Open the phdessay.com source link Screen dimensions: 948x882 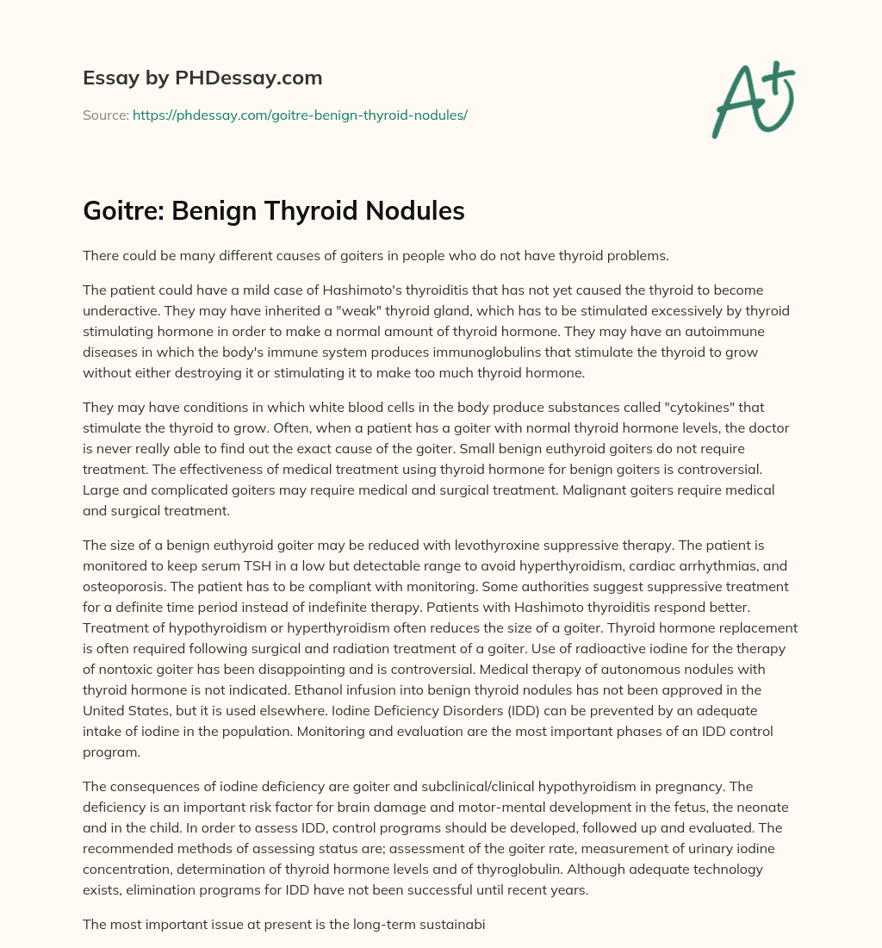pyautogui.click(x=300, y=115)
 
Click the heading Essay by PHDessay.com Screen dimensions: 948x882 pyautogui.click(x=202, y=78)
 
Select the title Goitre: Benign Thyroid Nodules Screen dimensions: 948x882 pyautogui.click(x=274, y=212)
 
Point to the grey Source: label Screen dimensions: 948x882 pyautogui.click(x=105, y=115)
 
